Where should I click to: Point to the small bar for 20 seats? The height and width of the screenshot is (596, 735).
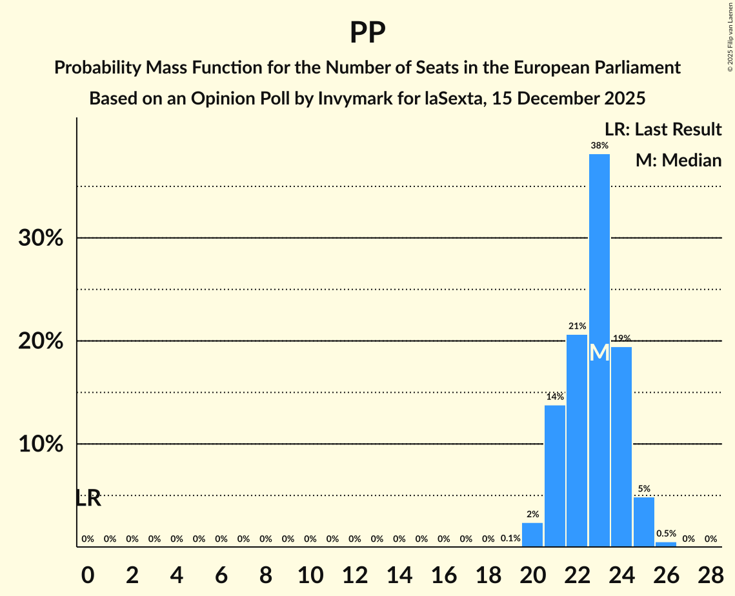click(x=532, y=535)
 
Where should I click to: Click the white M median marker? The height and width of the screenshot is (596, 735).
click(x=599, y=353)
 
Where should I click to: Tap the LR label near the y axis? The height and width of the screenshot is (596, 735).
click(x=88, y=498)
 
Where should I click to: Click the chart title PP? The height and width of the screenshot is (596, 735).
click(x=367, y=32)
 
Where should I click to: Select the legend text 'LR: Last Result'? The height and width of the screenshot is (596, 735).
click(x=663, y=130)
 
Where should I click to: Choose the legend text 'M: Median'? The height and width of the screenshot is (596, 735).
click(x=678, y=160)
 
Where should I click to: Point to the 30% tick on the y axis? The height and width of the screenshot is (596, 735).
click(x=41, y=238)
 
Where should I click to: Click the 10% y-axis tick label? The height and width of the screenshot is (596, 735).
click(x=41, y=444)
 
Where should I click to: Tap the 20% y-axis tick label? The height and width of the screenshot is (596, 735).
click(x=41, y=341)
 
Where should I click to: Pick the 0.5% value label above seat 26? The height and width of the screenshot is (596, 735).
click(x=666, y=533)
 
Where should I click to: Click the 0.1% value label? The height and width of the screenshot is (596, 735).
click(x=510, y=539)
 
